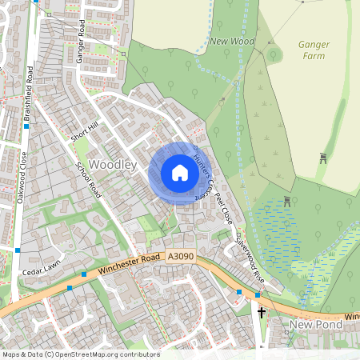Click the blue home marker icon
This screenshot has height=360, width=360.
180,173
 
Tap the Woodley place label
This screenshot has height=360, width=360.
114,164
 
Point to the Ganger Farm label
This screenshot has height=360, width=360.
313,51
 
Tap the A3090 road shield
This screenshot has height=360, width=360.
180,256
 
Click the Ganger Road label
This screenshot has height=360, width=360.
81,46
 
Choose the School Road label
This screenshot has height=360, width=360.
89,180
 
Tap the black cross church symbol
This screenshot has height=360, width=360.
261,309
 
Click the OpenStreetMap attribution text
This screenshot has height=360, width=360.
80,354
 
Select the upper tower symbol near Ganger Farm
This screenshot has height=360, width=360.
323,158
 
